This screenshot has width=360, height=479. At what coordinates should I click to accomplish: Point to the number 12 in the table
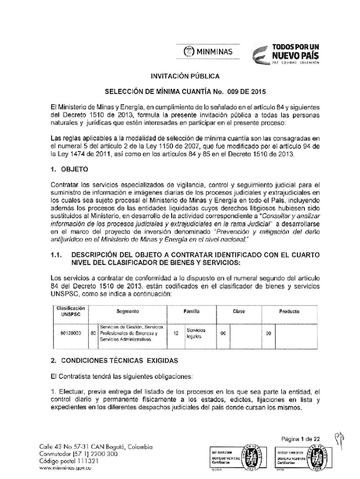click(176, 334)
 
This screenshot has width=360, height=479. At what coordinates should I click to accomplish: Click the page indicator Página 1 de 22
click(301, 439)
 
